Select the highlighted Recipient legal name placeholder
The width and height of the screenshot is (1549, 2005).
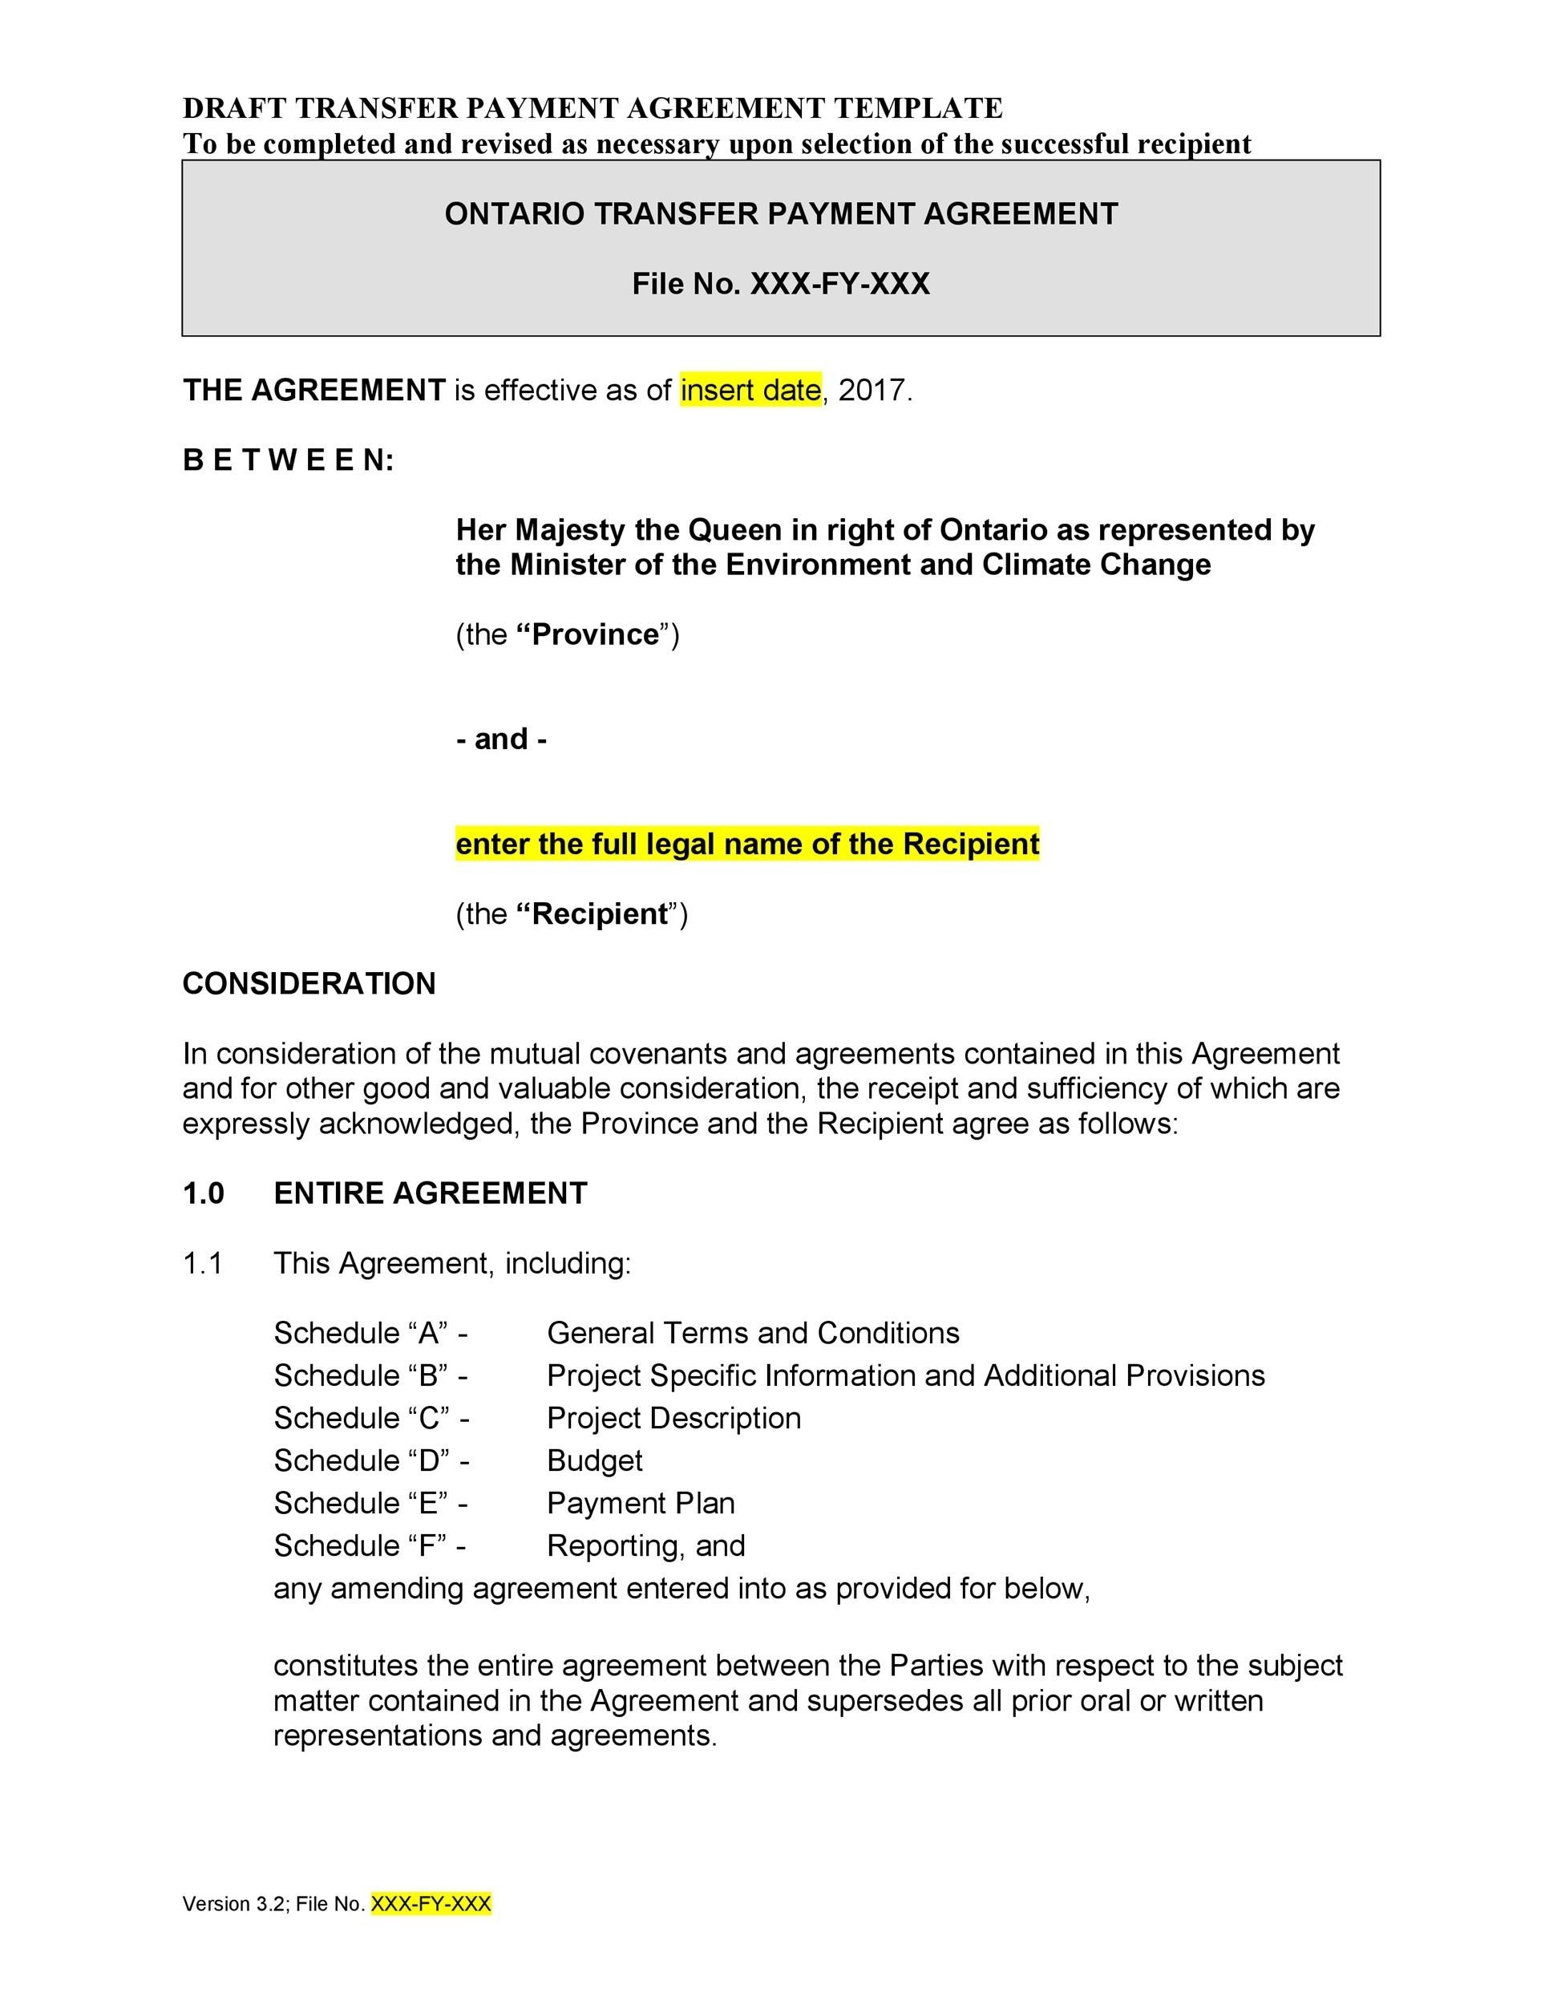click(747, 843)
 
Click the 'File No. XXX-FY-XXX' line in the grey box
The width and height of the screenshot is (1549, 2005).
click(780, 284)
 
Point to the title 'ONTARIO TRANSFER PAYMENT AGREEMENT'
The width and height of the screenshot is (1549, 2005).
click(781, 214)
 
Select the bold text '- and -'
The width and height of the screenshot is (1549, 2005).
click(501, 738)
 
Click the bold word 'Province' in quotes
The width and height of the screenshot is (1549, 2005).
click(595, 634)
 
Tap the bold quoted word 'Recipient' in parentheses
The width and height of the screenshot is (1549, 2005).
click(601, 913)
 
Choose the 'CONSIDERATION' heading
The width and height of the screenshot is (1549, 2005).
click(309, 983)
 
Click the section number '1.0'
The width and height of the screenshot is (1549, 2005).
click(203, 1193)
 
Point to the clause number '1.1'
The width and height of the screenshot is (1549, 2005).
click(203, 1263)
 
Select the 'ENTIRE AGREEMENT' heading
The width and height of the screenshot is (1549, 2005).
click(430, 1193)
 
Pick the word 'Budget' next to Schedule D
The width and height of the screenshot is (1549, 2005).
click(594, 1460)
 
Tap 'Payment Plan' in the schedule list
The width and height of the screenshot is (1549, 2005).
click(641, 1503)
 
